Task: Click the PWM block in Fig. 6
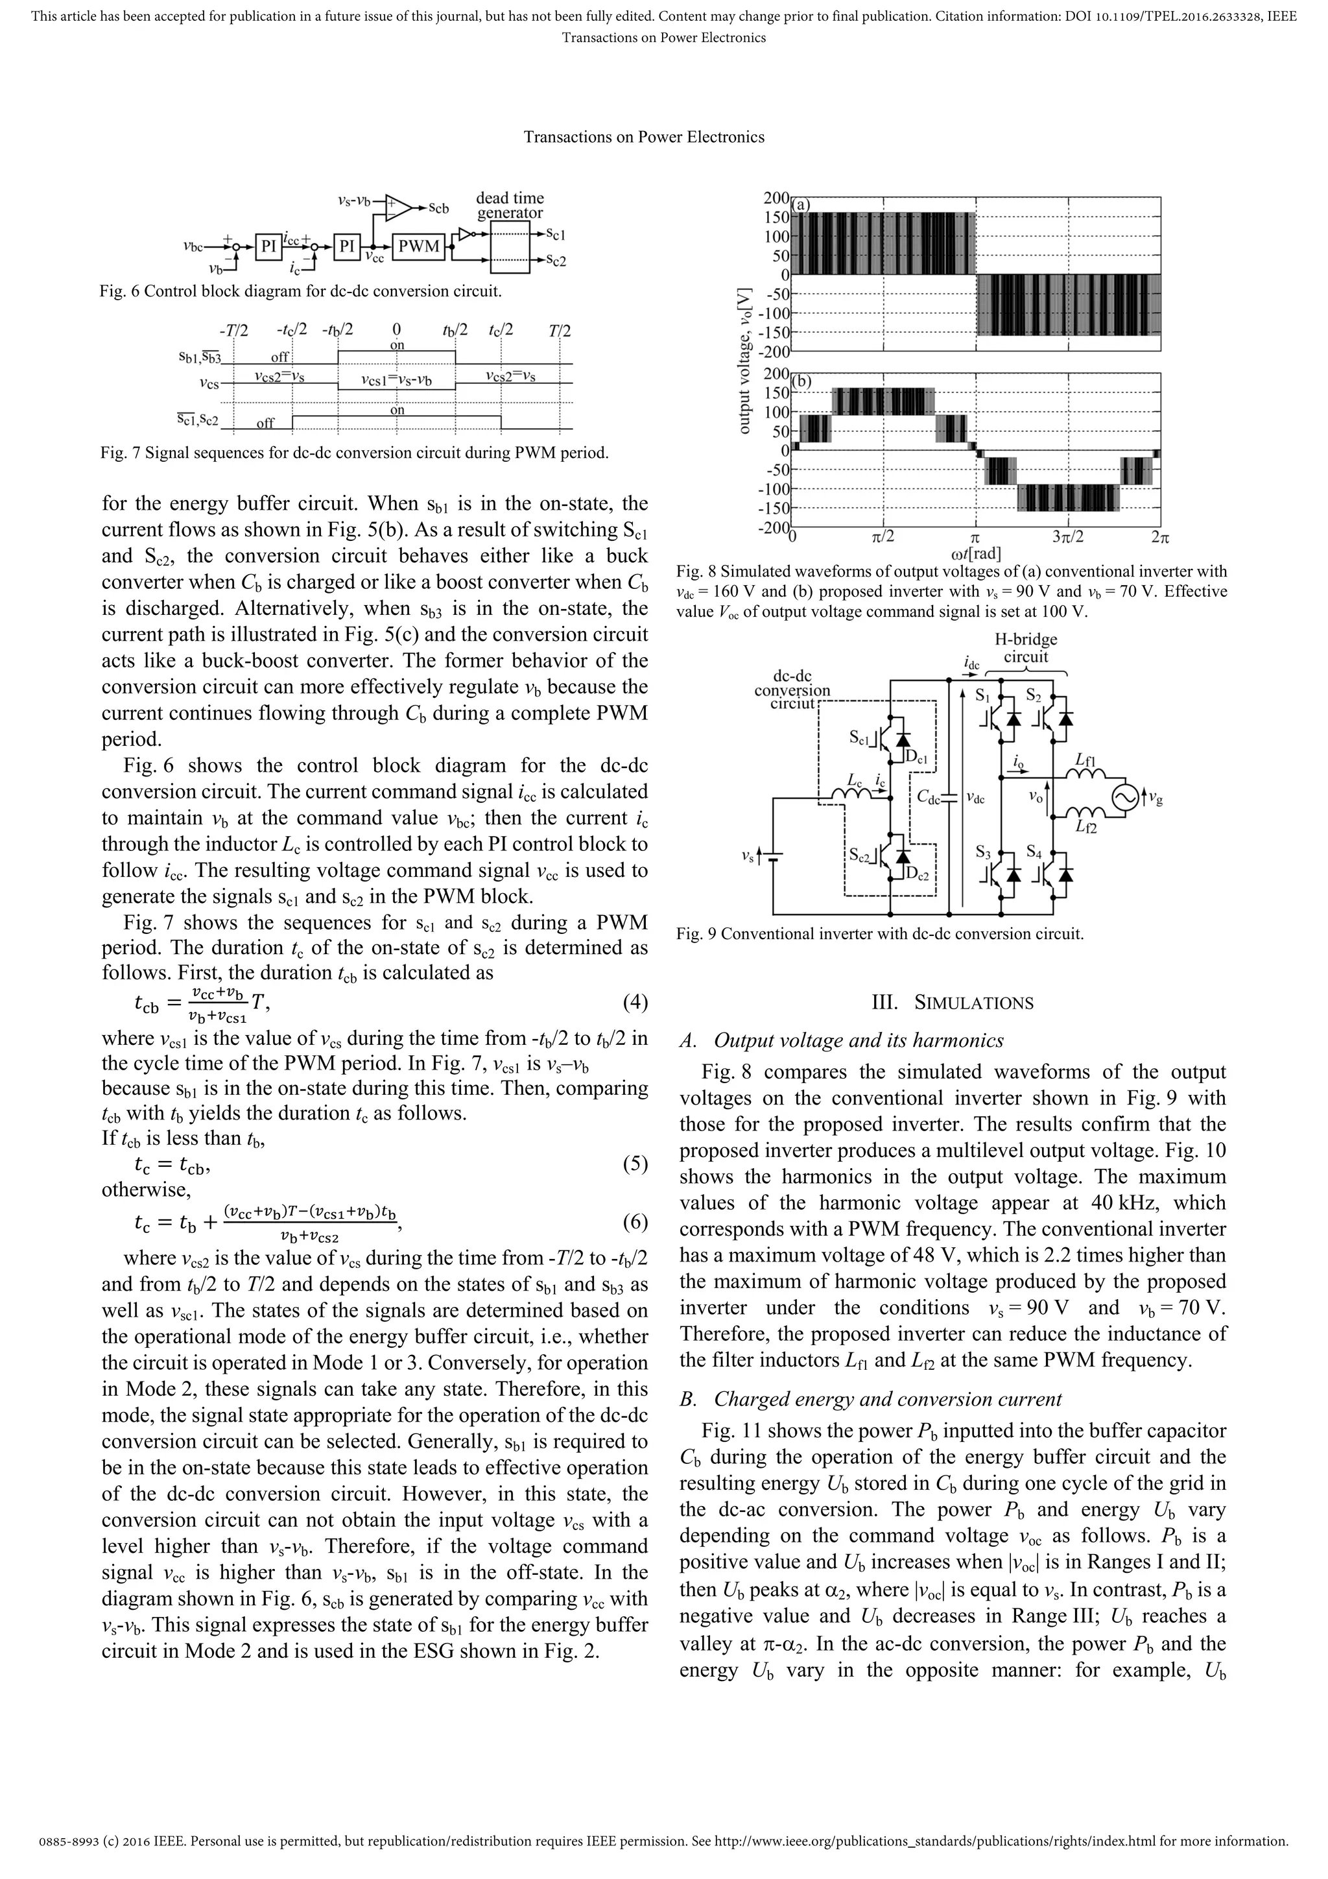tap(419, 246)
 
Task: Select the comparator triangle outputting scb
tap(399, 208)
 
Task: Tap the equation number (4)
tap(635, 1003)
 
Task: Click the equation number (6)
tap(635, 1223)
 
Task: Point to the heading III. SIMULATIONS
tap(953, 1003)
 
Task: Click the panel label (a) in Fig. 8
tap(801, 204)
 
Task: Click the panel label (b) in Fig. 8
tap(801, 381)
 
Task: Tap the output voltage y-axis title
tap(744, 360)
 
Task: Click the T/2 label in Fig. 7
tap(560, 331)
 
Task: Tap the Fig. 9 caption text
tap(880, 934)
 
